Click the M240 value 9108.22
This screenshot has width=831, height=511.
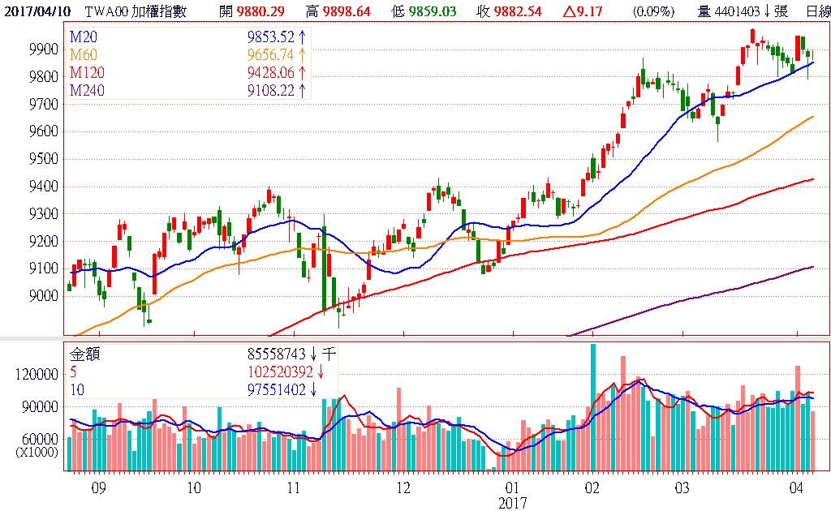(x=273, y=90)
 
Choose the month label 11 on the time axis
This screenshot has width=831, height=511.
(x=294, y=488)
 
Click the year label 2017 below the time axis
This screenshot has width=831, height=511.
(x=512, y=503)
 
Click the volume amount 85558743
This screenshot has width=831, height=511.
(x=282, y=354)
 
